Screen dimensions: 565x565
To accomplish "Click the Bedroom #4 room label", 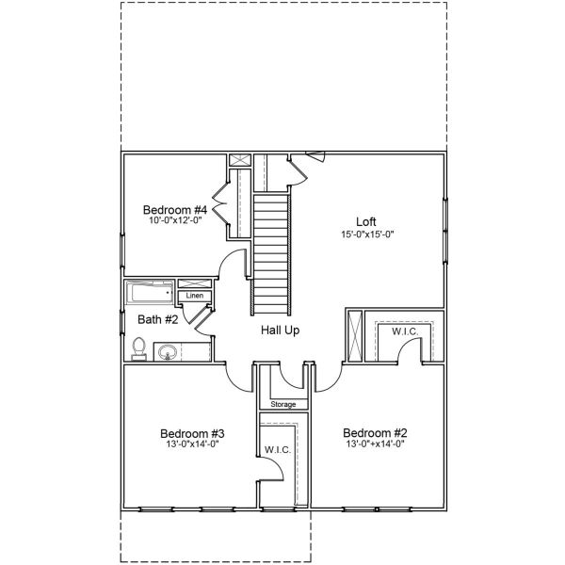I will click(x=174, y=209).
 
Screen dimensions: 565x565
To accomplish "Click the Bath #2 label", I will click(x=158, y=319).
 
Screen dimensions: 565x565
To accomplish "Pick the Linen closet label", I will click(x=195, y=296).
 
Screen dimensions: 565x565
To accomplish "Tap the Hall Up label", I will click(x=280, y=331).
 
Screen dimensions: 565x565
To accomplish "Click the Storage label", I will click(x=282, y=404).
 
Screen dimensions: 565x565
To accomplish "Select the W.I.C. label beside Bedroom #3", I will click(x=278, y=449).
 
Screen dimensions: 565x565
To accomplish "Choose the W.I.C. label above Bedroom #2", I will click(x=405, y=331).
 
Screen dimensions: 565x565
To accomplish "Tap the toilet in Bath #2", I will click(x=138, y=348).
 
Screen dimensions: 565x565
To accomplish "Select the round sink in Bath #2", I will click(x=168, y=353).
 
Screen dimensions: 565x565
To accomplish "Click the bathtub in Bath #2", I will click(x=151, y=292).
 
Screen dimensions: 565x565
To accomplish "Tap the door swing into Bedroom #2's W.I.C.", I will click(x=409, y=351).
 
